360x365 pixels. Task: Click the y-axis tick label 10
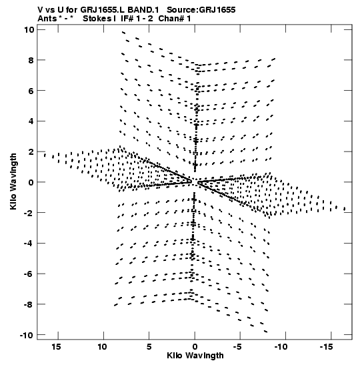click(29, 30)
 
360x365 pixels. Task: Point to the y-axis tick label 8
click(31, 60)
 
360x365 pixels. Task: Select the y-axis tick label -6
click(29, 274)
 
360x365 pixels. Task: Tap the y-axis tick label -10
click(26, 335)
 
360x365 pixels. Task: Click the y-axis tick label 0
click(31, 182)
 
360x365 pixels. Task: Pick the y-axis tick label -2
click(29, 213)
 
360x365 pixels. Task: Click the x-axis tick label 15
click(57, 346)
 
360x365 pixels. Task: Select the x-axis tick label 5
click(149, 346)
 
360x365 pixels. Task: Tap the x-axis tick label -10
click(281, 346)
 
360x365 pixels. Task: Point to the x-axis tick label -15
click(327, 346)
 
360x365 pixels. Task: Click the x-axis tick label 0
click(195, 346)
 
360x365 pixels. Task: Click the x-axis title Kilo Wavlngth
click(195, 356)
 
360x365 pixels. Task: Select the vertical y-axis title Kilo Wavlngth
click(13, 181)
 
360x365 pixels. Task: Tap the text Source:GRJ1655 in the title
click(201, 10)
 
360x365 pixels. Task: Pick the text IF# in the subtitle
click(127, 19)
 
